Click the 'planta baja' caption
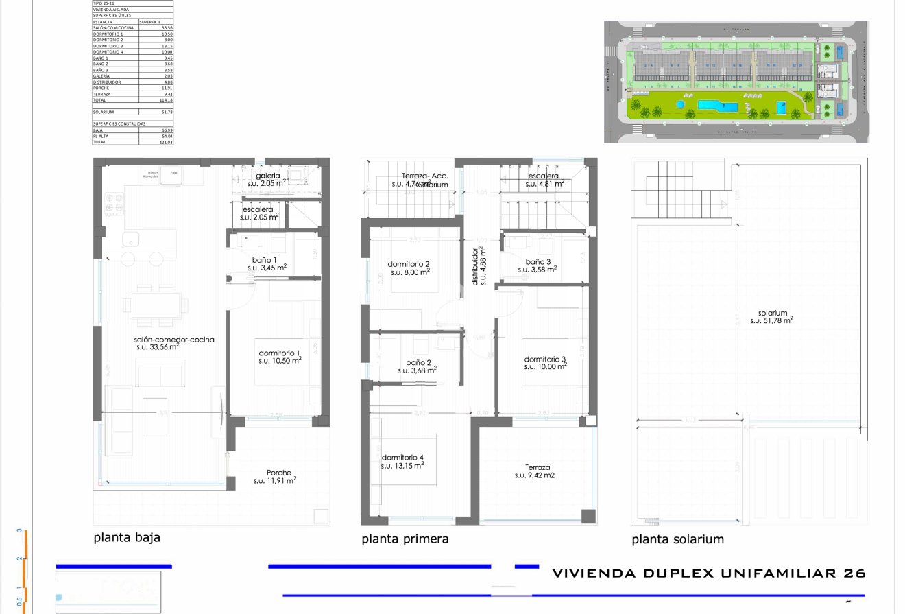click(127, 537)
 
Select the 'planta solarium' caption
click(677, 539)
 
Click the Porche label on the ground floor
click(278, 473)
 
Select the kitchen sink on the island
click(129, 239)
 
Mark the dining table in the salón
click(156, 303)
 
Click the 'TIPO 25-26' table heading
click(106, 3)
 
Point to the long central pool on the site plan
click(718, 106)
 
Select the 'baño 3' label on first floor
click(538, 261)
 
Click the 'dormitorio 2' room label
click(409, 264)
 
